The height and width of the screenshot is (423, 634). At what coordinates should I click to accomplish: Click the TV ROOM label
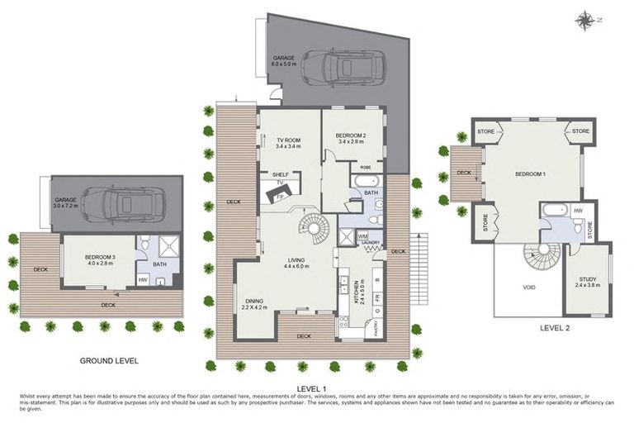288,142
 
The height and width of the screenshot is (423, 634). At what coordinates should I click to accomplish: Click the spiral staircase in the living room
314,226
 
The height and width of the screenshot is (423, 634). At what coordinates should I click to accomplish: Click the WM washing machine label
362,236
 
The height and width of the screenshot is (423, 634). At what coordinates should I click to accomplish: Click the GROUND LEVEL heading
108,361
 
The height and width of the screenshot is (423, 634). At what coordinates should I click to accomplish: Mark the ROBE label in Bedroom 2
366,168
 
